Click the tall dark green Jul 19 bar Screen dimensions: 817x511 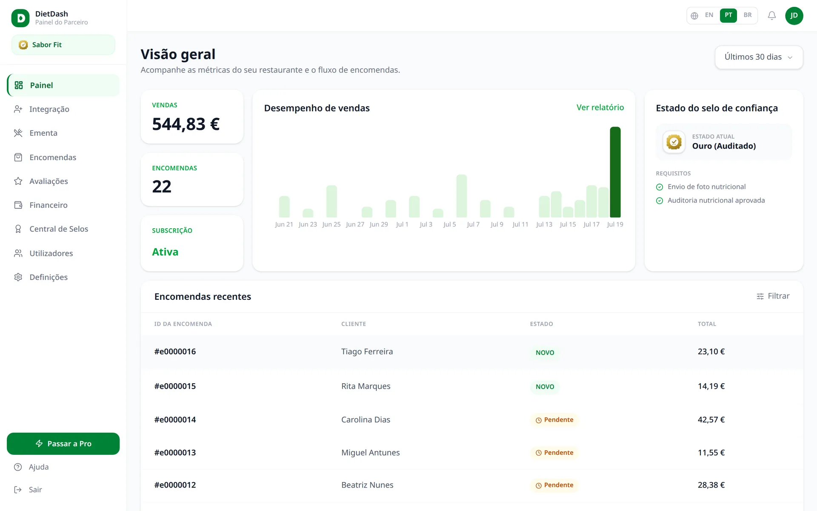tap(615, 172)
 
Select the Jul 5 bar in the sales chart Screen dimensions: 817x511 tap(461, 196)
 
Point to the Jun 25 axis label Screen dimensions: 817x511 tap(331, 224)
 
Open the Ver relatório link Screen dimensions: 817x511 tap(600, 107)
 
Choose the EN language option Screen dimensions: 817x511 tap(709, 15)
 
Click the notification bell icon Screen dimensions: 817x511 tap(771, 16)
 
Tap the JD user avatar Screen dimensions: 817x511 tap(794, 16)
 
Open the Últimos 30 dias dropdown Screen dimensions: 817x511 tap(759, 57)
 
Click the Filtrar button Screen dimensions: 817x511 tap(773, 296)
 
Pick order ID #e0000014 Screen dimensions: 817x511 tap(175, 419)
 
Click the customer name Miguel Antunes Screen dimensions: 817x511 tap(370, 453)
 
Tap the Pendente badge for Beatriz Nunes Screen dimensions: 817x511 tap(554, 485)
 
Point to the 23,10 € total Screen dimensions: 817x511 tap(711, 352)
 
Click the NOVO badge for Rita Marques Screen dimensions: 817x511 tap(545, 387)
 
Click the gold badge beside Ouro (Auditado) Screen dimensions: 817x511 tap(674, 142)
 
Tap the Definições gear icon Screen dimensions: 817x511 tap(18, 277)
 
